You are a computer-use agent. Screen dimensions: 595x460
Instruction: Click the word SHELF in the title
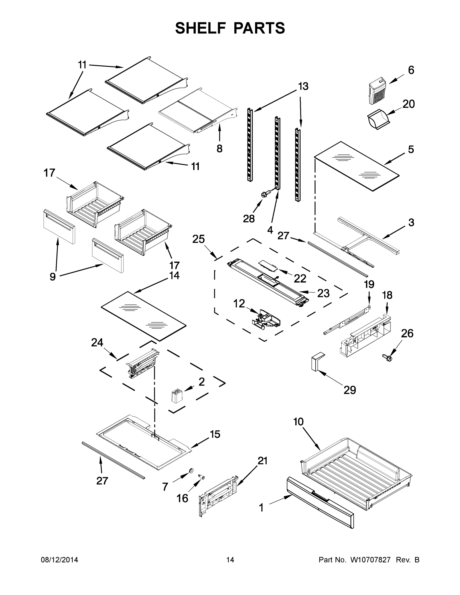[x=200, y=28]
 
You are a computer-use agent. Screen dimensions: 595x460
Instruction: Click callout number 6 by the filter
[x=411, y=70]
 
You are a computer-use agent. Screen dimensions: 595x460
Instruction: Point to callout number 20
[x=408, y=104]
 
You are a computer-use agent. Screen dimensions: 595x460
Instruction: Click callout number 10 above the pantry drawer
[x=298, y=422]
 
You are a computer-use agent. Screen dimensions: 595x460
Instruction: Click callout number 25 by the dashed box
[x=198, y=239]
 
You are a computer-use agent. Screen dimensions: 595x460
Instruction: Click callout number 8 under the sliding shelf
[x=219, y=149]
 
